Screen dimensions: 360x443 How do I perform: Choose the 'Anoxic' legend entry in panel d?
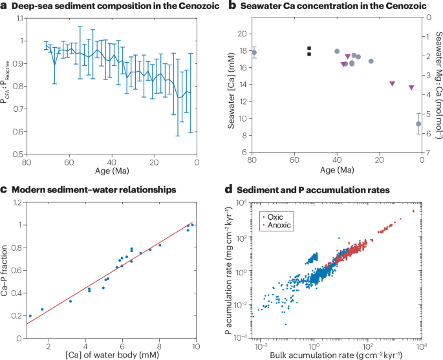[278, 224]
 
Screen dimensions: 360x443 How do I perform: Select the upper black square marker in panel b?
[309, 48]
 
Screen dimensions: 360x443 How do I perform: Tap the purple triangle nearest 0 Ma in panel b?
[411, 88]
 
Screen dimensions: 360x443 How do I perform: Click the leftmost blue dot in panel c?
[30, 316]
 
